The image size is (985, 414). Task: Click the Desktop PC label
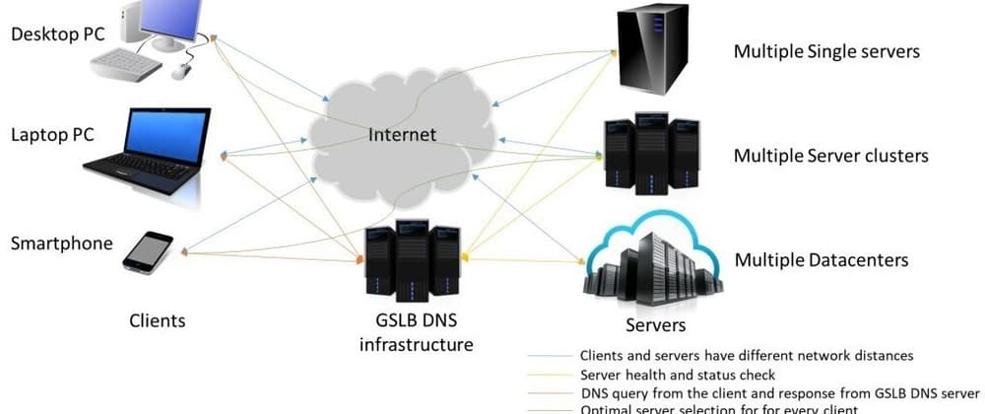[58, 34]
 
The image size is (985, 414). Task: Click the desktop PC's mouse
[181, 71]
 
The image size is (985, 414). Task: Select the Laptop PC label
[52, 135]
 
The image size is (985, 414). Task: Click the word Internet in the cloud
[401, 134]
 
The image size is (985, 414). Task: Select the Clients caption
[158, 320]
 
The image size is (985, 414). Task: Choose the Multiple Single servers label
[826, 51]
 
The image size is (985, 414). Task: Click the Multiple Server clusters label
[830, 156]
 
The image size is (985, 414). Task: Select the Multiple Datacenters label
[821, 260]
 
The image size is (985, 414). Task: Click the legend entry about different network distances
[747, 356]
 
